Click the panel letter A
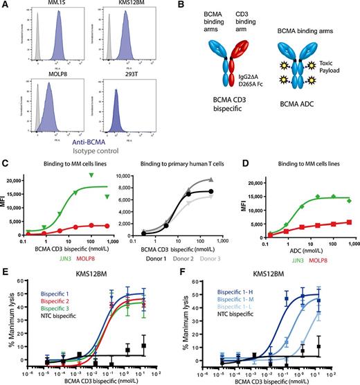5,6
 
